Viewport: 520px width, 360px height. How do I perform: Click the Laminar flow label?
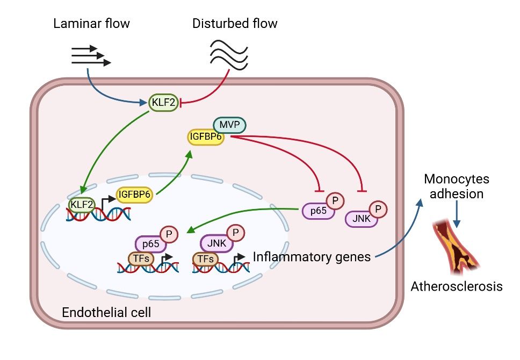tap(91, 23)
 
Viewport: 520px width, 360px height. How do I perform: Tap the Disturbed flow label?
tap(235, 23)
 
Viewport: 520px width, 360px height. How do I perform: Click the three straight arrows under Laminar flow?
tap(91, 56)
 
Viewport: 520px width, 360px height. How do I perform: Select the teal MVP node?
tap(229, 125)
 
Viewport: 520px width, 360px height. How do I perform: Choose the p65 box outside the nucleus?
tap(318, 211)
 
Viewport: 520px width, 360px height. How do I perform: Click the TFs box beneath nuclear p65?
tap(141, 259)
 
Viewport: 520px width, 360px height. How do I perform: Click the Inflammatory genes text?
tap(312, 256)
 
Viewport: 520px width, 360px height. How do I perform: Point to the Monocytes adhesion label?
tap(457, 186)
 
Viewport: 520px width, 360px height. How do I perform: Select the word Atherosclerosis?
tap(457, 286)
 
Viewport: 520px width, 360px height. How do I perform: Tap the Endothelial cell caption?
tap(106, 312)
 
